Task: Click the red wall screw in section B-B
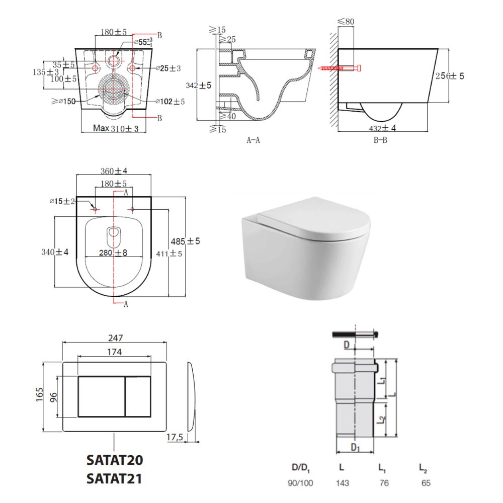coord(340,68)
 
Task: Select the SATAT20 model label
coord(115,460)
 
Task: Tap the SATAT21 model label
coord(114,479)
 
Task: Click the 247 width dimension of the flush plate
coord(115,338)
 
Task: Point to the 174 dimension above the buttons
coord(114,352)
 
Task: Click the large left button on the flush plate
coord(102,397)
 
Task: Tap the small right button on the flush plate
coord(138,397)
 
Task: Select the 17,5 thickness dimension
coord(175,437)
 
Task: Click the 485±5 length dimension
coord(185,241)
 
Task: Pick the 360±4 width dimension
coord(114,171)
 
